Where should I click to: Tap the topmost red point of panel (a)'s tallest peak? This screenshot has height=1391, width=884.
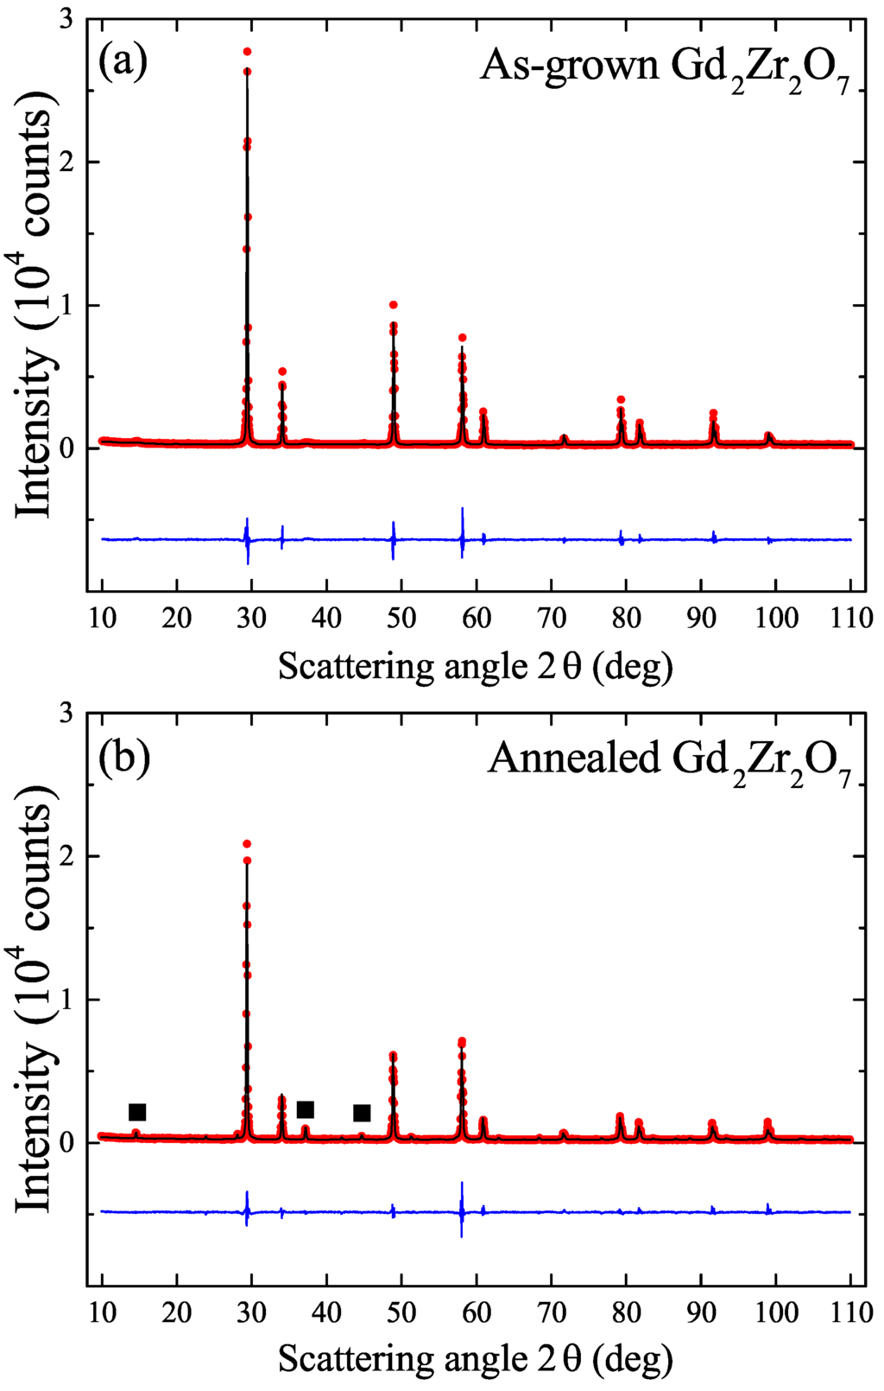[x=247, y=52]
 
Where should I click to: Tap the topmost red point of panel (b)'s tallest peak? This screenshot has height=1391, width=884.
[x=247, y=843]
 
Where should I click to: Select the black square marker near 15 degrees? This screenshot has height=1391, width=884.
[x=137, y=1112]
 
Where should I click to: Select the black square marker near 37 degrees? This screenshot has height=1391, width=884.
[x=305, y=1109]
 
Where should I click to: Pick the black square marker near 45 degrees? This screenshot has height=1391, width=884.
[x=362, y=1113]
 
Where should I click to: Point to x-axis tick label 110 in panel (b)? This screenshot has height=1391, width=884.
[x=850, y=1312]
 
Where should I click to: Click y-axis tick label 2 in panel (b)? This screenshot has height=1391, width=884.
[x=66, y=856]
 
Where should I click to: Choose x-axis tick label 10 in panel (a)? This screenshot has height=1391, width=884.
[x=102, y=618]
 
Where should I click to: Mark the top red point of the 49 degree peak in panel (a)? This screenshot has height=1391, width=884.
[x=394, y=305]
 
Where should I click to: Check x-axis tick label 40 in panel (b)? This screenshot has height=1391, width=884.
[x=326, y=1312]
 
